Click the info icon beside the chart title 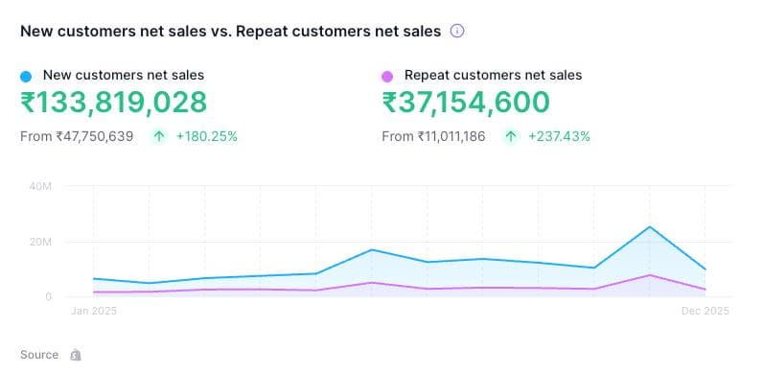(457, 31)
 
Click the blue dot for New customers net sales (26, 75)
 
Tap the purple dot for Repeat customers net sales (387, 75)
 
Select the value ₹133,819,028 (113, 103)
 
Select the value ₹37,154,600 (466, 103)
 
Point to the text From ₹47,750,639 (77, 136)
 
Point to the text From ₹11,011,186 (433, 136)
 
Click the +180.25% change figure (206, 136)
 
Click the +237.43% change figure (559, 136)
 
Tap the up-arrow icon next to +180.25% (158, 136)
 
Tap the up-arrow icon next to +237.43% (511, 136)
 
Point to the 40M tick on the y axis (40, 186)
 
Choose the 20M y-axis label (40, 242)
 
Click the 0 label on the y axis (46, 296)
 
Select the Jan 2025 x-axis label (94, 312)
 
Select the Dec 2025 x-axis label (705, 312)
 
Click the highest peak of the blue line (650, 227)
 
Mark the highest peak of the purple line (650, 275)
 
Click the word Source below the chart (39, 355)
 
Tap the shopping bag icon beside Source (76, 355)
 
